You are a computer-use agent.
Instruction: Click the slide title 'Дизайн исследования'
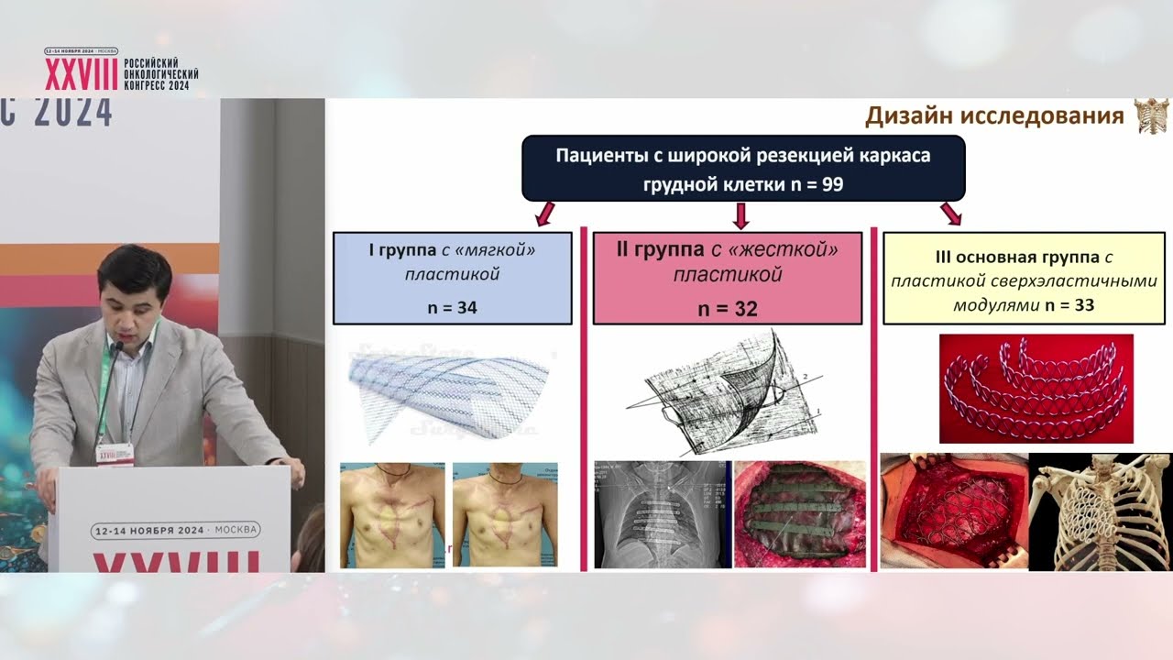[994, 117]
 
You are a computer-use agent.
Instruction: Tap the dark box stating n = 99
[743, 169]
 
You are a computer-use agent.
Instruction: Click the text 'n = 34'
[452, 308]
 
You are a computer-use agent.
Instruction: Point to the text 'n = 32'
[728, 309]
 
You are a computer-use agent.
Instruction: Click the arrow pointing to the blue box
[544, 214]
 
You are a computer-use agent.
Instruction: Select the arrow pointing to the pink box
[741, 215]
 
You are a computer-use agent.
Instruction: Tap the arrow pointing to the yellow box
[951, 214]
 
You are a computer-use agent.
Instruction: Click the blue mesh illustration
[449, 390]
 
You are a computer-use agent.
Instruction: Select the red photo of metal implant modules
[1036, 388]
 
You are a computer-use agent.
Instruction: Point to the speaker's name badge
[115, 453]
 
